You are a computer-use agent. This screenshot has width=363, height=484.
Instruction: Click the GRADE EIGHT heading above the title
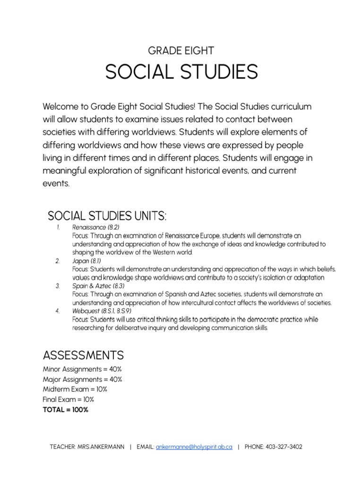click(x=181, y=51)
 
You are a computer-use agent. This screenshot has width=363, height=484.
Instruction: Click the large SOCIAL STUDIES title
click(x=181, y=72)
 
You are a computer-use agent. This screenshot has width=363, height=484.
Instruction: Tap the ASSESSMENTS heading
click(x=83, y=354)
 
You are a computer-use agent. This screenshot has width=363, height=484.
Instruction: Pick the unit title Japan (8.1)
click(x=86, y=260)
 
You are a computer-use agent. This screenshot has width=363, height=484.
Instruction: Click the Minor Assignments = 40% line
click(x=83, y=369)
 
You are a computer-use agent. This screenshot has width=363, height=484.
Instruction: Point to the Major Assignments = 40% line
click(x=83, y=379)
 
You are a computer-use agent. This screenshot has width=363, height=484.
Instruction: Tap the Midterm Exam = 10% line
click(x=75, y=389)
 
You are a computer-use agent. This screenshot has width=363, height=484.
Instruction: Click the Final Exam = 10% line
click(x=70, y=399)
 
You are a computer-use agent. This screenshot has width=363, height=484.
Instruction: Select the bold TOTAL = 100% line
click(x=66, y=410)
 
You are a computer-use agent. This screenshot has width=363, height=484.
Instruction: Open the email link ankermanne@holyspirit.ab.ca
click(x=194, y=447)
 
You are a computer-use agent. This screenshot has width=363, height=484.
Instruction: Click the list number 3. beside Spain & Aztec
click(x=57, y=285)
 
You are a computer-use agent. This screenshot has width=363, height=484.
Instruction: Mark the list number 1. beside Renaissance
click(x=57, y=227)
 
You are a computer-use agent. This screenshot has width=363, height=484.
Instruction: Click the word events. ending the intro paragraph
click(x=56, y=183)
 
